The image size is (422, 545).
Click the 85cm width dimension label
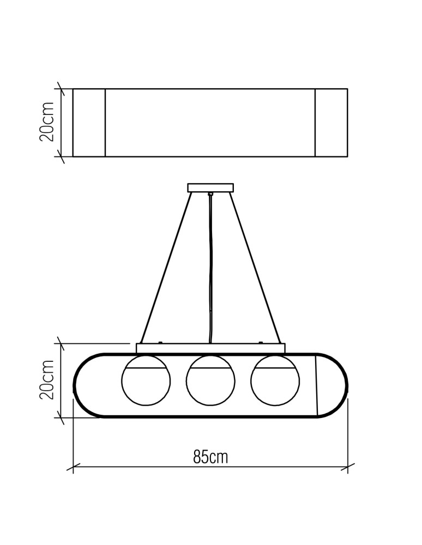[210, 457]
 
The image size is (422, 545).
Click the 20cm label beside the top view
[47, 122]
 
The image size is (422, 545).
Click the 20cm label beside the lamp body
[47, 380]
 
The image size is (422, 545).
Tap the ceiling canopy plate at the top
[210, 187]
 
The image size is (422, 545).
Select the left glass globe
[146, 380]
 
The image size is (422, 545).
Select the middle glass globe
[210, 380]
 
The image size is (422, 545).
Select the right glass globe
[275, 380]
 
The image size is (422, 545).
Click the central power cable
[210, 268]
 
